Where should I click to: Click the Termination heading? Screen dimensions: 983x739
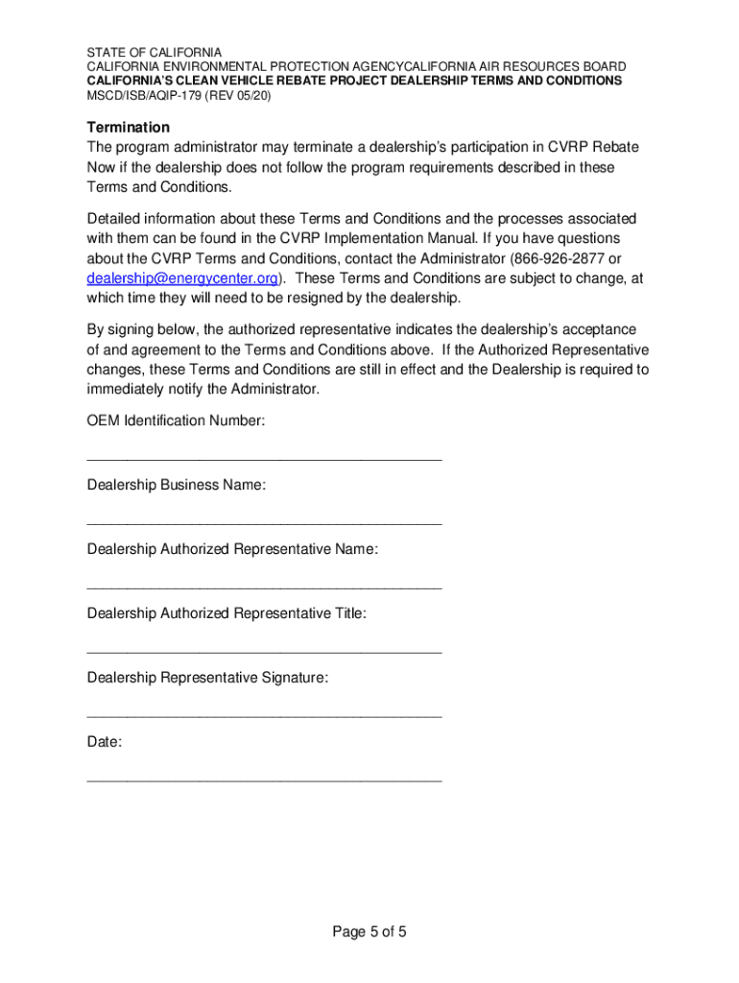128,128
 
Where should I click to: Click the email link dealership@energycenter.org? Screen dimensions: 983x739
183,278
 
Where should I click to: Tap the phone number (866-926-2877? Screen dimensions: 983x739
558,259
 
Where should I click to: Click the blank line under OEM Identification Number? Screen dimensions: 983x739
264,460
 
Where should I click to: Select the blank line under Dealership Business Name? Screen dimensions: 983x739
264,524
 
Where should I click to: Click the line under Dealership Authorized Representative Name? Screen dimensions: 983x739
264,587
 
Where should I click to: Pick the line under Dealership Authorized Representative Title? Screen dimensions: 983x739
264,652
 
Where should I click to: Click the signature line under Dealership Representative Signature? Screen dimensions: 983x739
264,716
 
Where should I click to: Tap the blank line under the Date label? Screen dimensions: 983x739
264,780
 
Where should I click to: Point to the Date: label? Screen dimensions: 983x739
105,742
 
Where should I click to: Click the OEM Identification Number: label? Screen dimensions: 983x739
176,420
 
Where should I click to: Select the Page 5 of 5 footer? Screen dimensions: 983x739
369,932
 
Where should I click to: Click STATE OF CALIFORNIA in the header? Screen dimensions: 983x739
154,52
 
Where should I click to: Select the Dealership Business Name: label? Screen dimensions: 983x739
176,485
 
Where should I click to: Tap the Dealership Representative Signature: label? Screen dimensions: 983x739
207,678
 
